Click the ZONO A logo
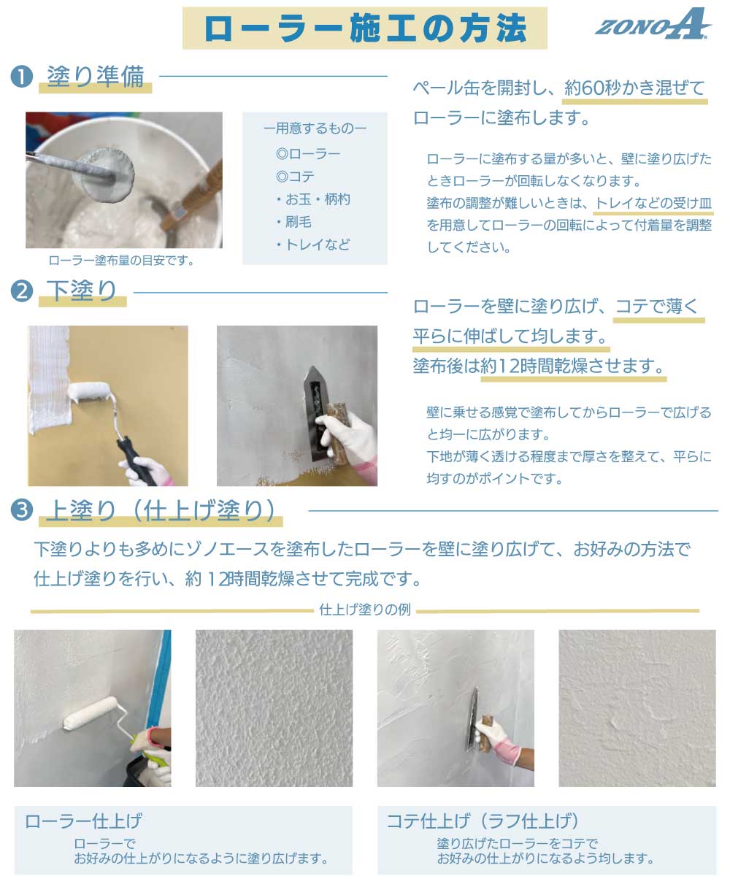[x=653, y=24]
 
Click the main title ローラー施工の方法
[x=364, y=28]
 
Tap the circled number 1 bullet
[x=22, y=77]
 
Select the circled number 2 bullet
[x=22, y=291]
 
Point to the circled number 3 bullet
[x=22, y=510]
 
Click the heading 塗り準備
[x=95, y=77]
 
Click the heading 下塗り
[x=81, y=291]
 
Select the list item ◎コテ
[x=295, y=177]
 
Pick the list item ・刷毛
[x=293, y=222]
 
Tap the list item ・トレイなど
[x=313, y=245]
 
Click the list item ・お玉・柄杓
[x=313, y=199]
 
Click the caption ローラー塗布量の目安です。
[x=122, y=261]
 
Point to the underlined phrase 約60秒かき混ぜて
[x=634, y=88]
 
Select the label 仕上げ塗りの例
[x=365, y=609]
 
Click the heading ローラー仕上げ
[x=83, y=821]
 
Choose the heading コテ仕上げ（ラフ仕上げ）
[x=483, y=821]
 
